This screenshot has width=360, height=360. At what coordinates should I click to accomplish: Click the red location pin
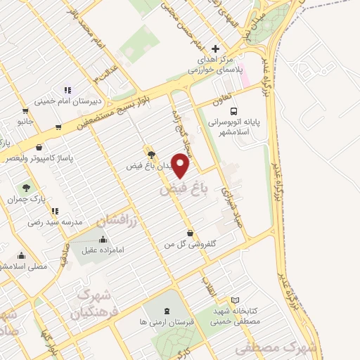pyautogui.click(x=181, y=166)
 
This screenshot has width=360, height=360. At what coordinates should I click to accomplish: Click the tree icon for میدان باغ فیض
pyautogui.click(x=150, y=155)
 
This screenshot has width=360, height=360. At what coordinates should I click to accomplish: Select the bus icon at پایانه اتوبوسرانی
pyautogui.click(x=233, y=110)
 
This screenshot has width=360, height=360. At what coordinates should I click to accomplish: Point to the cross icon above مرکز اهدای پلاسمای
pyautogui.click(x=216, y=49)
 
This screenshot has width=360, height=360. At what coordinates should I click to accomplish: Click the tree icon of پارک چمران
pyautogui.click(x=27, y=188)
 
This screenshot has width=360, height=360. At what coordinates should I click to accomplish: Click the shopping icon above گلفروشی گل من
pyautogui.click(x=190, y=233)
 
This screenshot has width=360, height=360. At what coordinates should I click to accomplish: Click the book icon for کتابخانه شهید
pyautogui.click(x=235, y=300)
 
